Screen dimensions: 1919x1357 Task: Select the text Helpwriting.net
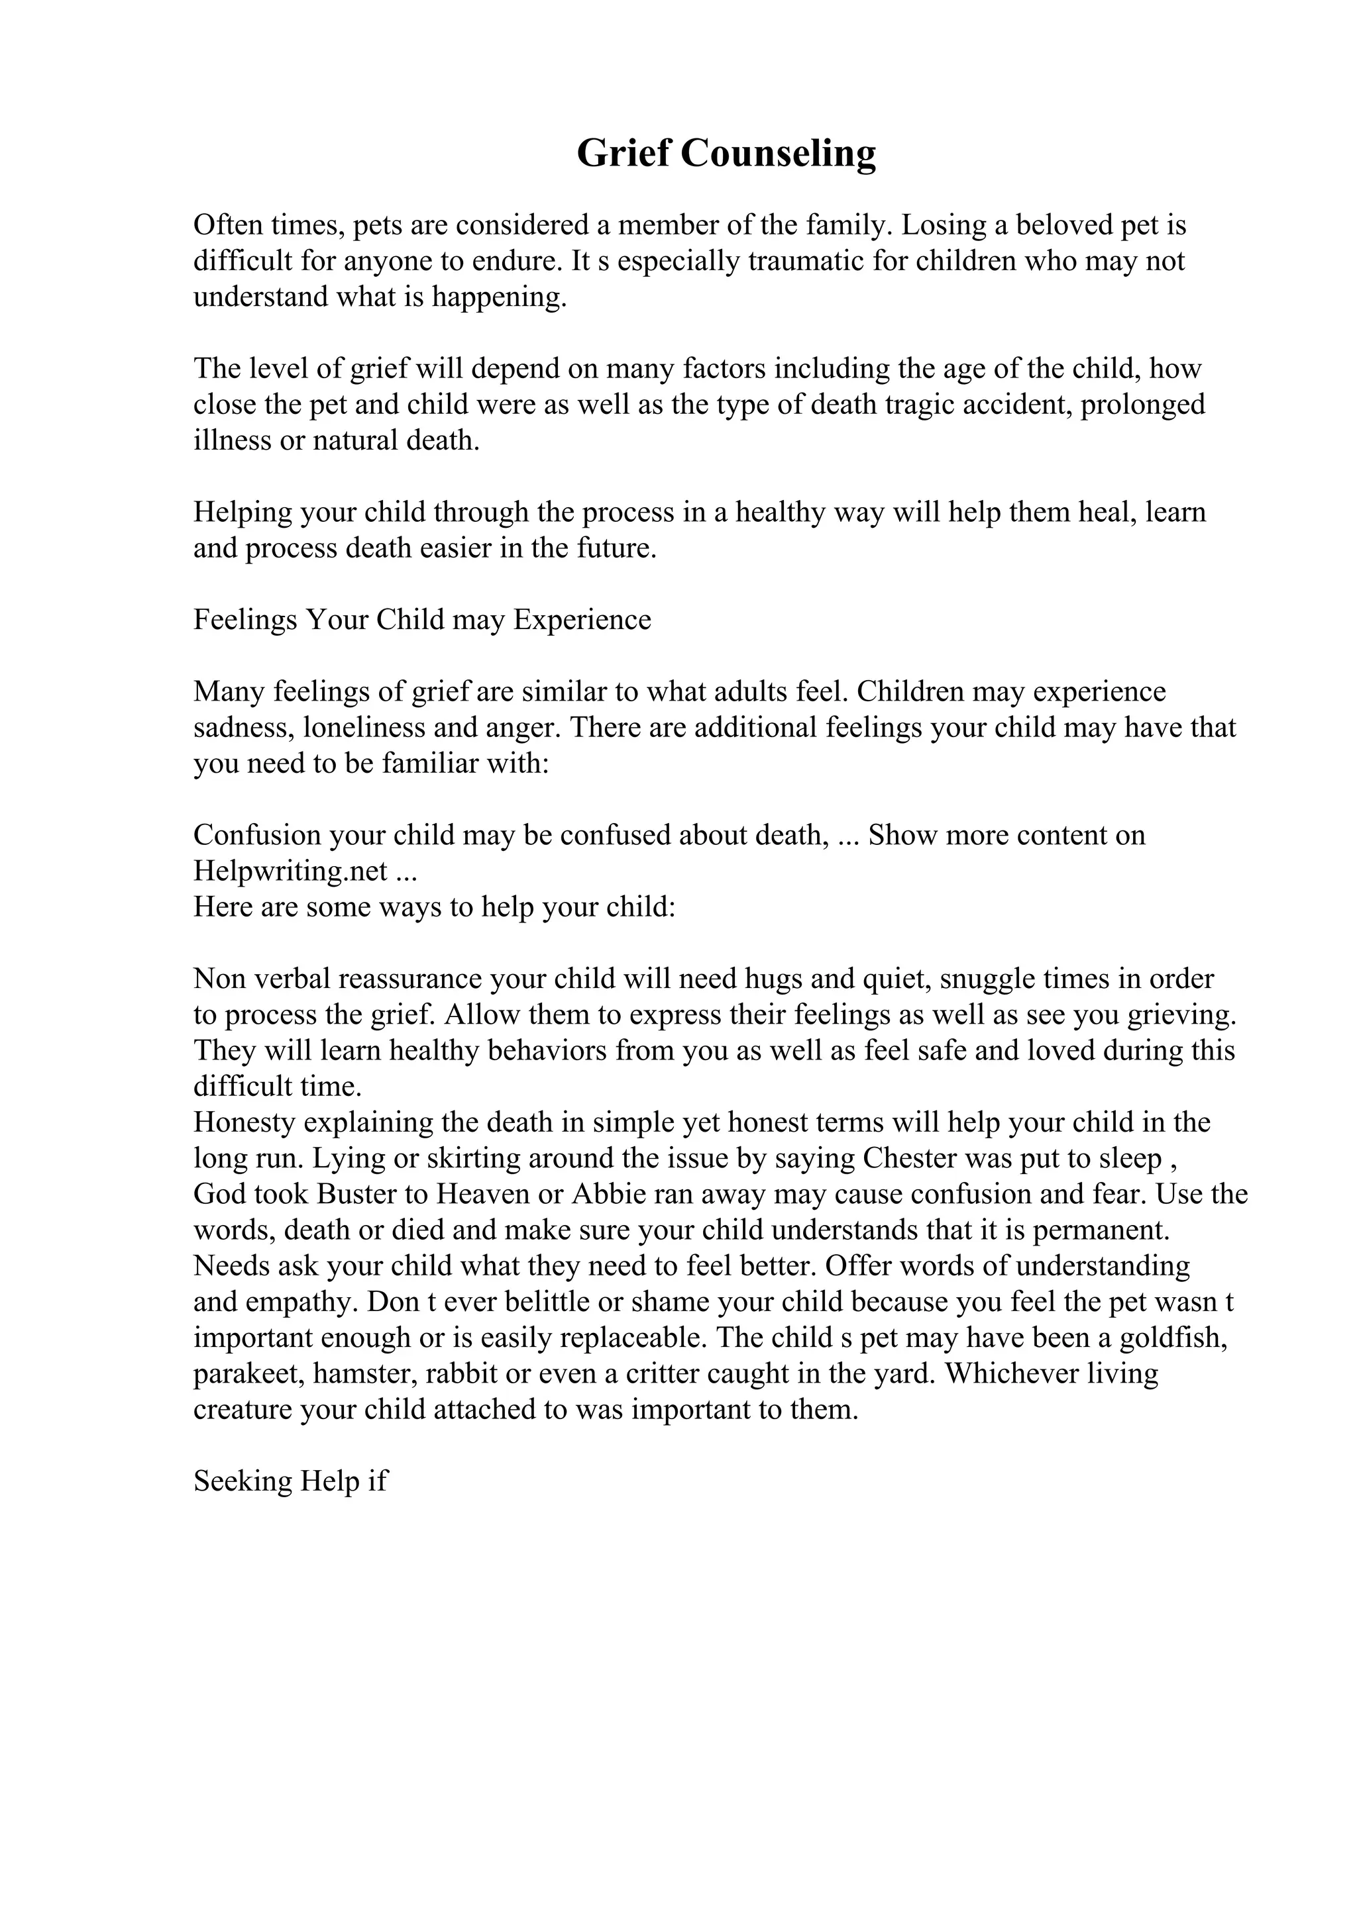(x=290, y=871)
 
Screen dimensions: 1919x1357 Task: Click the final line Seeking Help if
(x=290, y=1482)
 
